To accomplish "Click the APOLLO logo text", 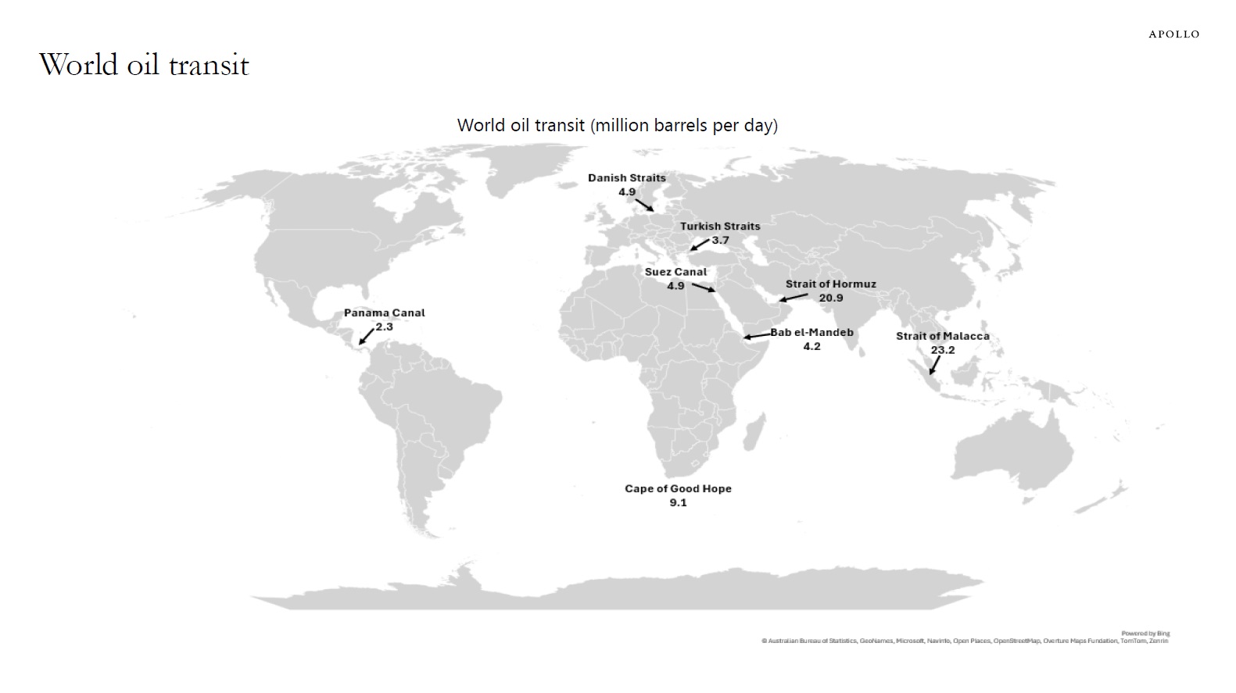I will [1173, 34].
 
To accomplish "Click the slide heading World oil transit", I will [144, 65].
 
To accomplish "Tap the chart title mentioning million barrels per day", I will [617, 125].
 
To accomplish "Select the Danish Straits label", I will [627, 178].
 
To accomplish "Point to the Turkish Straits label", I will [719, 227].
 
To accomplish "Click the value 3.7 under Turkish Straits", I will [720, 240].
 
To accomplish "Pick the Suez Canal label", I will [675, 272].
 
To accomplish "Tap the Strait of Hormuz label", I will [830, 284].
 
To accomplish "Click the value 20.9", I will [831, 298].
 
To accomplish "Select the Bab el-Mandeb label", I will [812, 333].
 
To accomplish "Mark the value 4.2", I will [811, 346].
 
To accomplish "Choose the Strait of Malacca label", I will [942, 337].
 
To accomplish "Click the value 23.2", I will [942, 350].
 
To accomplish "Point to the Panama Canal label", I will [385, 313].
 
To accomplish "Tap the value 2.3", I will [384, 327].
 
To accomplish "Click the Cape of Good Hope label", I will [678, 489].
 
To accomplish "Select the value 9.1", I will [678, 502].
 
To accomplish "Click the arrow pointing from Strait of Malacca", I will [934, 366].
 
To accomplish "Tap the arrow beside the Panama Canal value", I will [366, 337].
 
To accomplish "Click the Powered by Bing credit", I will [1145, 634].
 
